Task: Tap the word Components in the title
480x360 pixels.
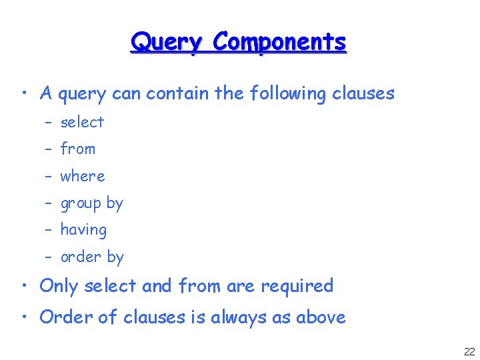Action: pos(279,43)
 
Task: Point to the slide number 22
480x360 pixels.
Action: pos(469,351)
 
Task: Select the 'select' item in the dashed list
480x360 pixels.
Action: pos(82,122)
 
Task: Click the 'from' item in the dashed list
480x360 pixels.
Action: pos(78,149)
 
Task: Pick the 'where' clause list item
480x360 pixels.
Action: pos(83,176)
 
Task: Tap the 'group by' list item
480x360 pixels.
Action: pos(92,203)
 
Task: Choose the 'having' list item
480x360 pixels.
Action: pos(83,230)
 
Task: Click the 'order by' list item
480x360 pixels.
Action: pos(92,257)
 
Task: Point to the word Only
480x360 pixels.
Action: pos(57,286)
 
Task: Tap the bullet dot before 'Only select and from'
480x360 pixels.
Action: pos(25,287)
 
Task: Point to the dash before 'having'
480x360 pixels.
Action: pos(48,230)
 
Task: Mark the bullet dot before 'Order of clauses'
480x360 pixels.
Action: pos(25,317)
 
